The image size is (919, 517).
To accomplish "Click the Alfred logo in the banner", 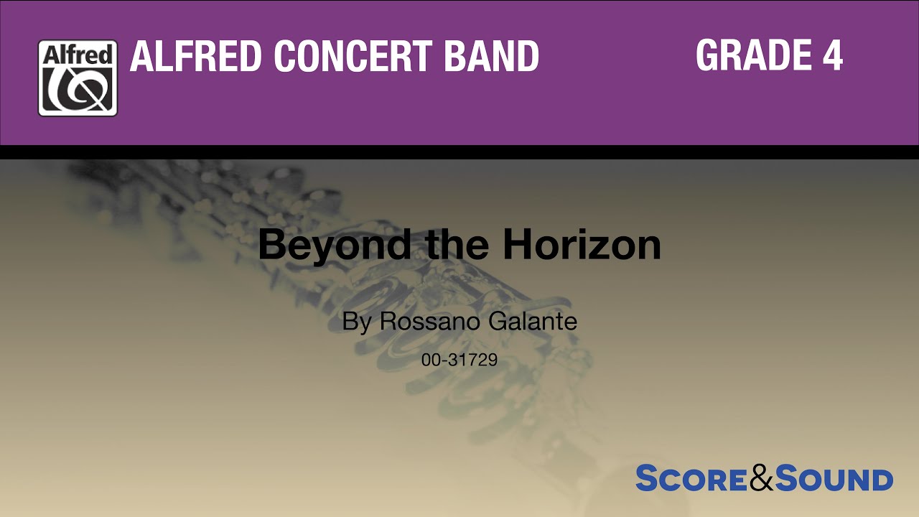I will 78,78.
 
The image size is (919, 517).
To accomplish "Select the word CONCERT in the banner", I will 354,57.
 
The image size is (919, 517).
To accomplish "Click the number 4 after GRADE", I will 832,55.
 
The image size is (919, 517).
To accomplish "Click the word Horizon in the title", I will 582,246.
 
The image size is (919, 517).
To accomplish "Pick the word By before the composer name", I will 357,322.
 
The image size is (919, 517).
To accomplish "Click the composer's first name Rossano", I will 429,321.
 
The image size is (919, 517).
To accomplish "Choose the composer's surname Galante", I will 533,321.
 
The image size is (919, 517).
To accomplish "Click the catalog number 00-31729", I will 459,360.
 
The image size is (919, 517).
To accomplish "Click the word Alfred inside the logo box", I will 78,55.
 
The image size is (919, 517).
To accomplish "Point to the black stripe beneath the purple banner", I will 459,152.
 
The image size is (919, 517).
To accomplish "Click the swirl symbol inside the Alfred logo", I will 78,89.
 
